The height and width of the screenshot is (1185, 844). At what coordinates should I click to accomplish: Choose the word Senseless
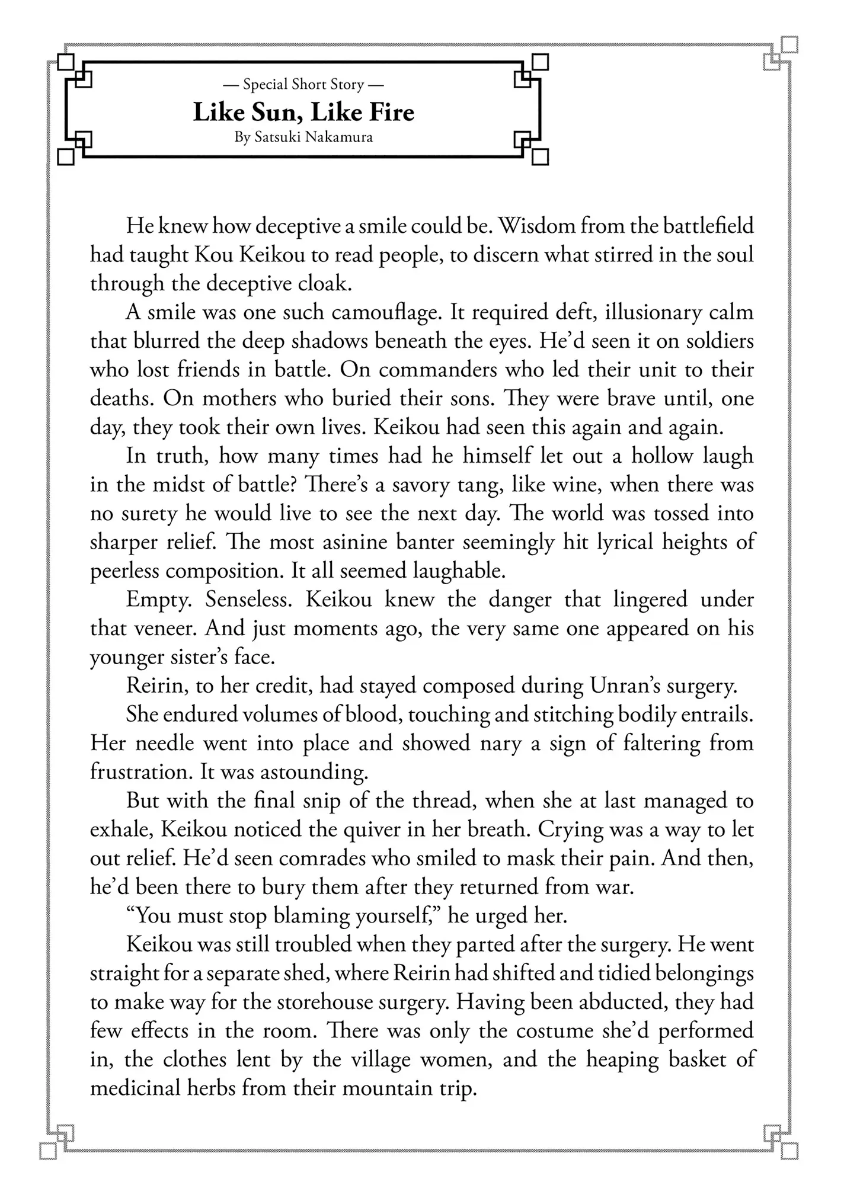coord(250,600)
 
